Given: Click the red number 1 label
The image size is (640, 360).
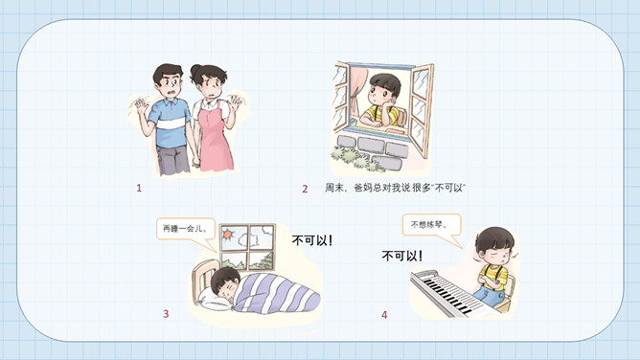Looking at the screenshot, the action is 139,188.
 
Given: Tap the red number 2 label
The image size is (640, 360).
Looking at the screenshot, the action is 305,189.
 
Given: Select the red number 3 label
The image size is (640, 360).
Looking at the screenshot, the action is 166,313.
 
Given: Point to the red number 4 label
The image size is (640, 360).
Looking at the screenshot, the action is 384,315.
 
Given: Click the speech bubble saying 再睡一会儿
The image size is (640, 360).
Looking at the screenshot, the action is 186,229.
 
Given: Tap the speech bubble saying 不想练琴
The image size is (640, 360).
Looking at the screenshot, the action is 432,225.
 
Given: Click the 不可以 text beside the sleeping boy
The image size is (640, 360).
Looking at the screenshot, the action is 312,240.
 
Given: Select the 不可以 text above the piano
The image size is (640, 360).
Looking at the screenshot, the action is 402,256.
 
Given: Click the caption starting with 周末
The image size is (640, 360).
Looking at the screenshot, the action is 396,188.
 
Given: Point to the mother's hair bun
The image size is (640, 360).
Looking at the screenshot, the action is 195,72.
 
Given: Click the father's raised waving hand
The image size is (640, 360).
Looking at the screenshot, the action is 141,107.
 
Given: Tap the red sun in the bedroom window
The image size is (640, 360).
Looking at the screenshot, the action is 228,235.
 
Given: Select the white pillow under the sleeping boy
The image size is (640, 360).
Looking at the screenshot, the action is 212,301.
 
